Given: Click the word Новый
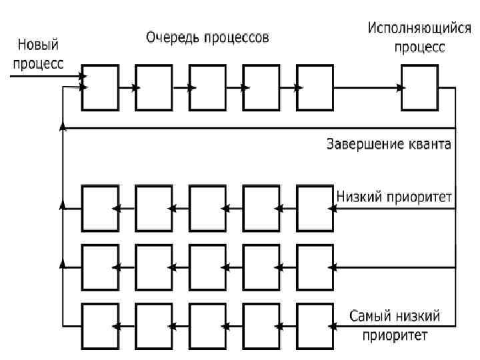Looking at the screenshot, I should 38,46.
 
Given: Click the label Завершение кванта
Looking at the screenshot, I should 389,143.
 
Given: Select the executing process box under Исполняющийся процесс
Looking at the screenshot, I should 420,87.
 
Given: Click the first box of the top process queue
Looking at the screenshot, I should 100,87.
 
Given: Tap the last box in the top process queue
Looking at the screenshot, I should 314,87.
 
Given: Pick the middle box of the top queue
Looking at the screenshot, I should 207,87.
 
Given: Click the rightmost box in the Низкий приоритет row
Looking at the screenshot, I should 314,209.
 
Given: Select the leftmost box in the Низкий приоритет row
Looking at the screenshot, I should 100,209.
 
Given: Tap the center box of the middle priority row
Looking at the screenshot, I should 207,267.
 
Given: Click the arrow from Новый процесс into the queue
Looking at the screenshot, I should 47,77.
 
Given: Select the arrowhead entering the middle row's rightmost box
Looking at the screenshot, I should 331,268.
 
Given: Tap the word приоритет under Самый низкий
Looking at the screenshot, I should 395,334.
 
